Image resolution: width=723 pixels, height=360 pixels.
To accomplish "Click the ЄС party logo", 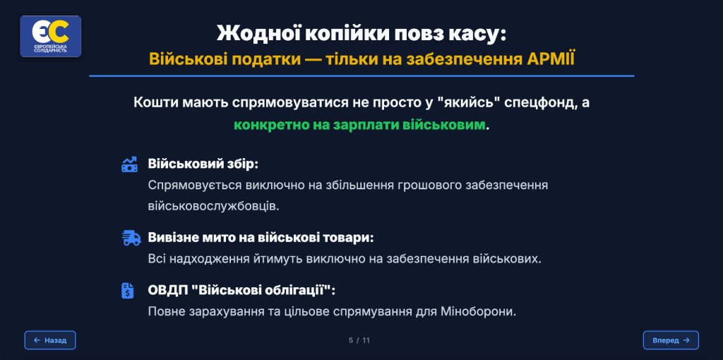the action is tap(50, 37).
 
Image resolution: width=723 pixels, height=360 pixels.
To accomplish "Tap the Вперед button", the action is tap(671, 340).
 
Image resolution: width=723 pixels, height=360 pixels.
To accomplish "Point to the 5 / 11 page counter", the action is tap(359, 341).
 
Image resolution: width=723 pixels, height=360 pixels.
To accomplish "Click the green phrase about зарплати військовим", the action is tap(359, 125).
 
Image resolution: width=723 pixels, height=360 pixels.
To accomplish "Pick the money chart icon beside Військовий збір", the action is tap(129, 164).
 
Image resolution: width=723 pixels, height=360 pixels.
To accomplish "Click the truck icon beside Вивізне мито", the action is tap(131, 238).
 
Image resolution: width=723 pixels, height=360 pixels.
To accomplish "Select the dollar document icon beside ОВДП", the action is tap(127, 290).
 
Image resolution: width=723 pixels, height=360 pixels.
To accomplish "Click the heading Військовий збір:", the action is tap(203, 164).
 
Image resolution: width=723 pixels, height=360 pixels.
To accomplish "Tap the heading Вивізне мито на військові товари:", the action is tap(261, 238).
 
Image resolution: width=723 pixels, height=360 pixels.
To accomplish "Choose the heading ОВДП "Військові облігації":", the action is tap(241, 291).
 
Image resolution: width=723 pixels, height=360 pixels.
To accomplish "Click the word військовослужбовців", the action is tap(213, 206).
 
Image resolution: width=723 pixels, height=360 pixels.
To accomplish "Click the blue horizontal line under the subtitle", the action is tap(361, 76).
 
